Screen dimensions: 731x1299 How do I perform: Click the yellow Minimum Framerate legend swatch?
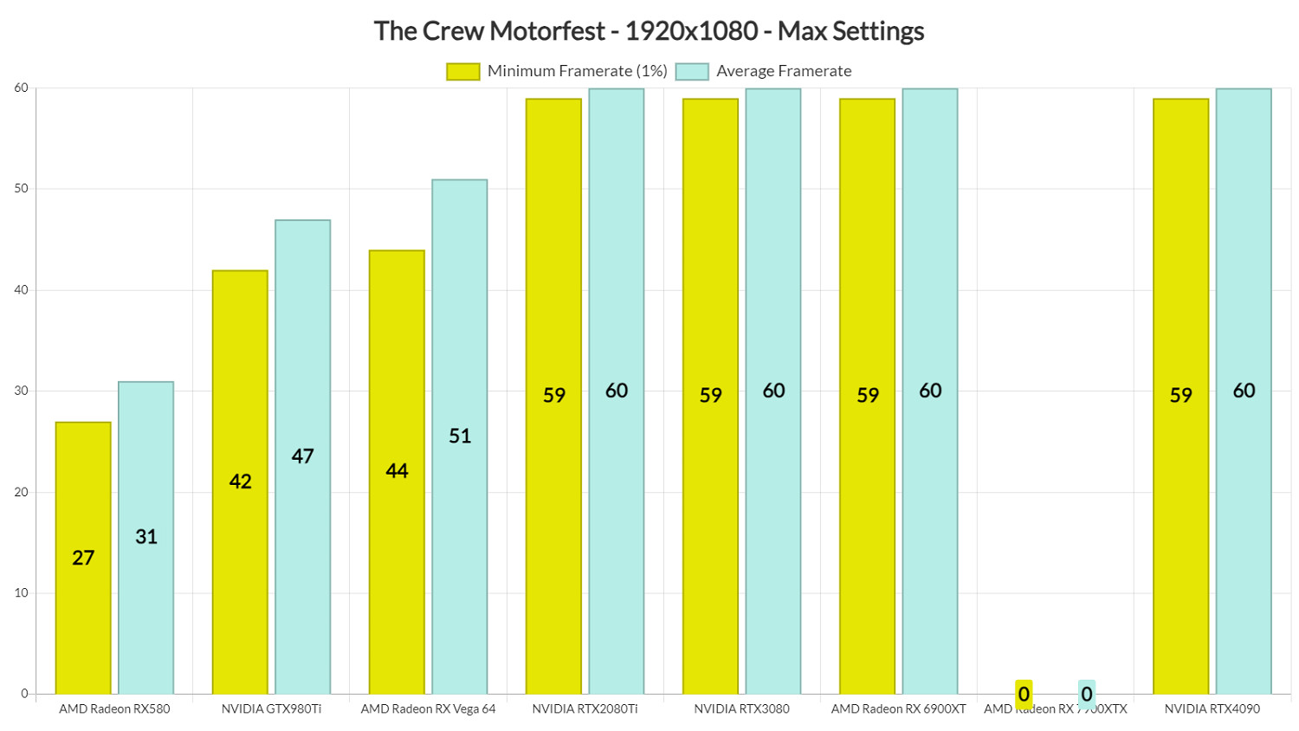click(x=462, y=71)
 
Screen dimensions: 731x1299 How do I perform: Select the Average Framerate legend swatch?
click(x=691, y=71)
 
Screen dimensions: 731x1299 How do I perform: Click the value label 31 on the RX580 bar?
click(x=146, y=537)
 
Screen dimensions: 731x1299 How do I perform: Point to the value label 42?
click(x=240, y=482)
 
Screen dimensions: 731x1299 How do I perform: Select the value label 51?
click(x=460, y=436)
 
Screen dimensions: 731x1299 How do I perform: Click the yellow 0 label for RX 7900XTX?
click(x=1024, y=694)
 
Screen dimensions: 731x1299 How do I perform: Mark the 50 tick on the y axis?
click(x=21, y=189)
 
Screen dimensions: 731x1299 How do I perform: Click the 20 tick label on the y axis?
click(x=21, y=492)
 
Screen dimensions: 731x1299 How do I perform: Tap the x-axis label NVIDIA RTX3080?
click(x=741, y=708)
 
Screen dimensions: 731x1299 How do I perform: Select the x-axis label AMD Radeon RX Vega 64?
click(x=428, y=708)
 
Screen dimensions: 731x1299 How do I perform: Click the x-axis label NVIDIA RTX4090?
click(x=1212, y=708)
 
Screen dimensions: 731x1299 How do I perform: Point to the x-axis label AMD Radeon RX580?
click(x=114, y=708)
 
